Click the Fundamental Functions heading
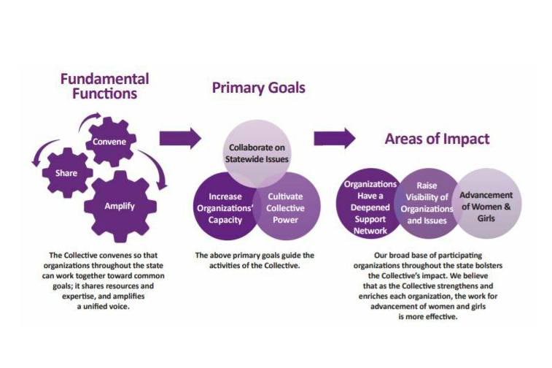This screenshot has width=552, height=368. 104,86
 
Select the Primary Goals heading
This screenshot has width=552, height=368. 258,88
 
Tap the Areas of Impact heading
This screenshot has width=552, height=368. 437,139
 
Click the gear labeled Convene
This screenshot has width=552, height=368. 111,142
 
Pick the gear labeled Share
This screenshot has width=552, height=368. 67,173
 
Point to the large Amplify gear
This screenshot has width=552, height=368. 120,207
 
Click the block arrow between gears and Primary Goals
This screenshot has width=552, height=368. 180,138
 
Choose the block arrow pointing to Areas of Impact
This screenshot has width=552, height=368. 335,138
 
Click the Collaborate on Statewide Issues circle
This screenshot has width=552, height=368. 257,153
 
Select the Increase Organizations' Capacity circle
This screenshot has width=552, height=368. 225,207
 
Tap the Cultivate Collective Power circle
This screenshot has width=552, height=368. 287,207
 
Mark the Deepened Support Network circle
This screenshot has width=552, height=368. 370,204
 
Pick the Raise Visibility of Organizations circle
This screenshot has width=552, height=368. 427,204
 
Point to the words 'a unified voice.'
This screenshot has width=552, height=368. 103,307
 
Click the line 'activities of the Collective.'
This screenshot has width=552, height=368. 254,266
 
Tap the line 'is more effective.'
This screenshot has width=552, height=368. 428,317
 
